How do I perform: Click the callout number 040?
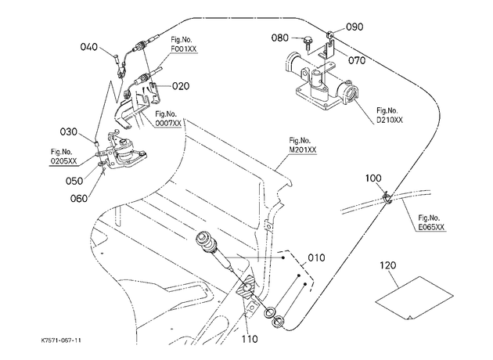(89, 47)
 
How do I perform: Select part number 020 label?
(181, 86)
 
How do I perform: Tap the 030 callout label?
(69, 131)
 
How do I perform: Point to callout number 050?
(74, 181)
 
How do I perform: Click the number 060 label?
(79, 199)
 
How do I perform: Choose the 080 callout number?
(280, 38)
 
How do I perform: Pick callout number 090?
(354, 27)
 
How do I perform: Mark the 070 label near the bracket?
(357, 60)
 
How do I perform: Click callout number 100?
(373, 178)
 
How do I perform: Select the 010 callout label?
(316, 257)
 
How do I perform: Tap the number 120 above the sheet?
(388, 265)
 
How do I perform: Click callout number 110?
(250, 339)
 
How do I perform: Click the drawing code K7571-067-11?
(61, 340)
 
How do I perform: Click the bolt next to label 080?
(308, 43)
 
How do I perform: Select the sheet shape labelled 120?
(415, 297)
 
